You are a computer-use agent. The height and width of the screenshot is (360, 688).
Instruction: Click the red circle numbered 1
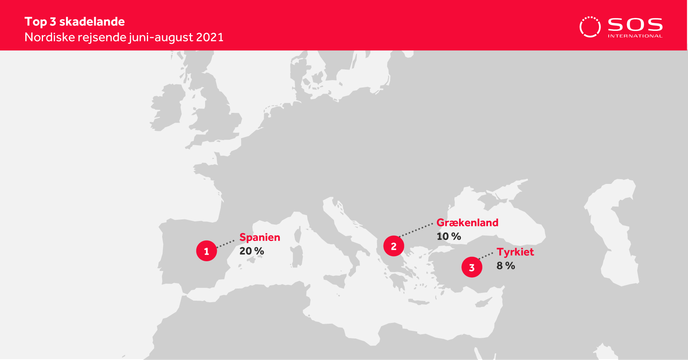click(x=207, y=251)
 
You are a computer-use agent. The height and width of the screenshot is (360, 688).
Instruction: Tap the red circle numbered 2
click(x=394, y=246)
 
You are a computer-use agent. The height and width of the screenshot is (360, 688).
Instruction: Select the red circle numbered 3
click(x=472, y=267)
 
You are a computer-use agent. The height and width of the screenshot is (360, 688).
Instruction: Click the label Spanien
click(x=260, y=238)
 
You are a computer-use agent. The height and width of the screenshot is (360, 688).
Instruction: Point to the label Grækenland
click(x=467, y=223)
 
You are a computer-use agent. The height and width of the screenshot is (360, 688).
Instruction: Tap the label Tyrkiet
click(x=515, y=252)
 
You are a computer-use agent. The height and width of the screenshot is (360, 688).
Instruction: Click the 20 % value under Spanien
click(x=252, y=251)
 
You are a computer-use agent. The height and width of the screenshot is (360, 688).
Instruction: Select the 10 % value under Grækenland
click(x=449, y=236)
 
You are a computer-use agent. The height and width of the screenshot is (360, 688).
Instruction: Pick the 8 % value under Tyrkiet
click(x=506, y=266)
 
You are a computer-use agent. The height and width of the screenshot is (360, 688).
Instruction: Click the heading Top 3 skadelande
click(x=75, y=22)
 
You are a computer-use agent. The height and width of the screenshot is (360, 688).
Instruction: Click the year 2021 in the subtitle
click(x=210, y=37)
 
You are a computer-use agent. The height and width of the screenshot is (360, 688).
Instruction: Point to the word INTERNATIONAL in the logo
click(x=635, y=36)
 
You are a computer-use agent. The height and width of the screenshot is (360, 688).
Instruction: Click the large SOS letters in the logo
click(x=635, y=25)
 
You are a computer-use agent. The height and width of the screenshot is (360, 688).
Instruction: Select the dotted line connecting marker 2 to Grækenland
click(x=416, y=230)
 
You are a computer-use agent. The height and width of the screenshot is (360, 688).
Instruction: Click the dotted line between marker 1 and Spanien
click(x=225, y=244)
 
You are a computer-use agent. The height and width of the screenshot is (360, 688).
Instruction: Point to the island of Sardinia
click(x=297, y=256)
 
